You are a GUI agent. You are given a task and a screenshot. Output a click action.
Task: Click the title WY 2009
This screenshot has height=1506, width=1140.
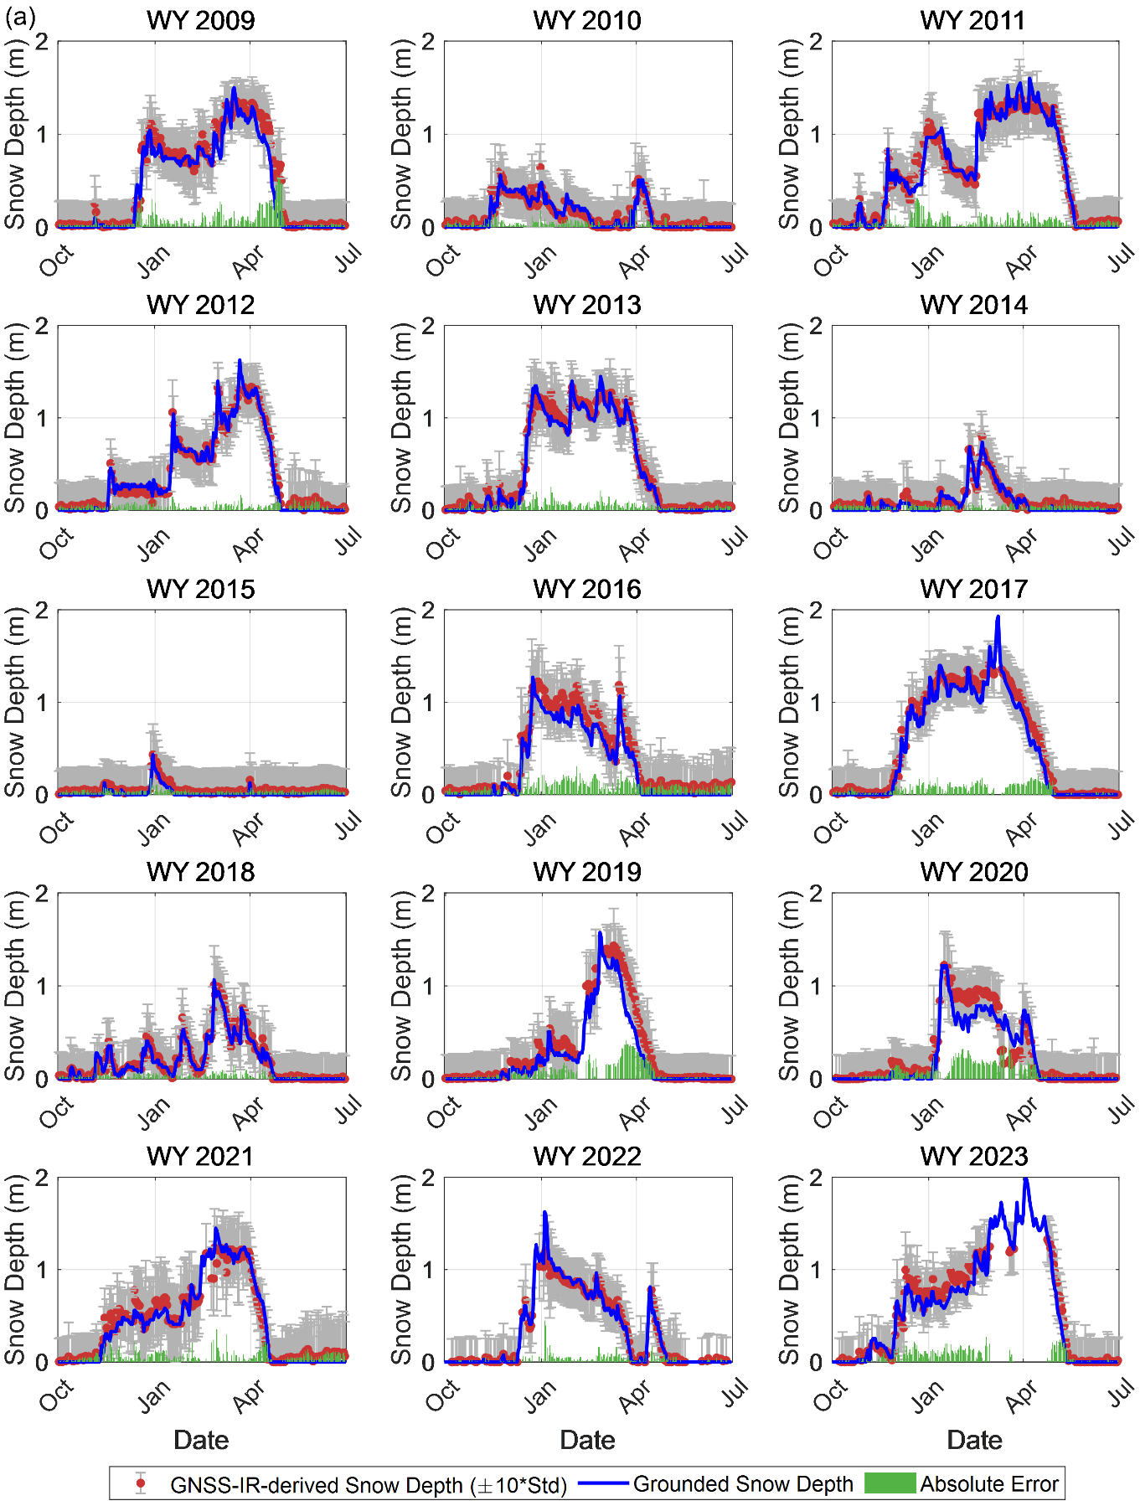(201, 20)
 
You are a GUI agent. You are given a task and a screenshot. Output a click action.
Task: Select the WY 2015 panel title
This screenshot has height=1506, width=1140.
(201, 589)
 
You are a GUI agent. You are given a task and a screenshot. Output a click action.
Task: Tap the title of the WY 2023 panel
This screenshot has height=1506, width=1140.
(974, 1157)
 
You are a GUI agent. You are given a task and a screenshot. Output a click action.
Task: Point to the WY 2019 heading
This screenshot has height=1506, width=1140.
(587, 872)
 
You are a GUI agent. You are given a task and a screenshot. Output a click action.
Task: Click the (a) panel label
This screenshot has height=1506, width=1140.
(20, 18)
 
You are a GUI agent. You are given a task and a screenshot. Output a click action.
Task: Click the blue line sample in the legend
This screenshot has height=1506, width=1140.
(603, 1483)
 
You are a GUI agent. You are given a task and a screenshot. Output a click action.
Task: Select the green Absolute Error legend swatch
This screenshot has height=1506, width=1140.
(890, 1483)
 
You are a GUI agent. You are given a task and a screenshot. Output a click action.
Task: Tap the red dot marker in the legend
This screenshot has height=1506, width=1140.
(141, 1483)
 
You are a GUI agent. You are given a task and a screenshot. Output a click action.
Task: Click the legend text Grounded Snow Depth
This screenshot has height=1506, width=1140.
(743, 1484)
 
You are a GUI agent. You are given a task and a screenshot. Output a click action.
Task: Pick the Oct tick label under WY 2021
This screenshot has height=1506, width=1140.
(57, 1396)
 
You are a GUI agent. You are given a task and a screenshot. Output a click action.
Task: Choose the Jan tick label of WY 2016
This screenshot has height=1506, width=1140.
(540, 828)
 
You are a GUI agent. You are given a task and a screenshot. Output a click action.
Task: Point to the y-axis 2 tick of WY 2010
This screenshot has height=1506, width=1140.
(429, 42)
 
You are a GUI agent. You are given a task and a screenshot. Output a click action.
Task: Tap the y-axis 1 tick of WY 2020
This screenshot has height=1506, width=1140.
(816, 987)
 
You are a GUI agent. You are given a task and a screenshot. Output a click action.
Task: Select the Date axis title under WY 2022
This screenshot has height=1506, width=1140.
(587, 1440)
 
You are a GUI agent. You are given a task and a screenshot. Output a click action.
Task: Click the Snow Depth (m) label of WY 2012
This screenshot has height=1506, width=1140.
(15, 418)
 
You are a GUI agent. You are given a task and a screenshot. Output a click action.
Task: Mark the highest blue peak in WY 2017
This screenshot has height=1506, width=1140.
(998, 617)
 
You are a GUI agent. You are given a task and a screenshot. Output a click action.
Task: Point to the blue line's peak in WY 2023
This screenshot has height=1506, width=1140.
(1026, 1179)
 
